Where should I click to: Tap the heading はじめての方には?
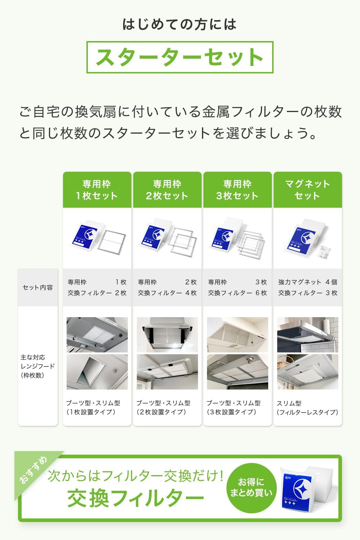pyautogui.click(x=180, y=24)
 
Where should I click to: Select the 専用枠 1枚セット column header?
pyautogui.click(x=97, y=190)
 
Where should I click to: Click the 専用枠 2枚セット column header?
pyautogui.click(x=167, y=190)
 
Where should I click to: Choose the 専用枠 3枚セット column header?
pyautogui.click(x=237, y=190)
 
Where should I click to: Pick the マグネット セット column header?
pyautogui.click(x=307, y=190)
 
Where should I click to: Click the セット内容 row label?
pyautogui.click(x=38, y=287)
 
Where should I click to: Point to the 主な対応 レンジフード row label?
pyautogui.click(x=38, y=366)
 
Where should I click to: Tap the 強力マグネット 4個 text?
pyautogui.click(x=307, y=282)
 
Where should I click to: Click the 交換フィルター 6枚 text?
pyautogui.click(x=237, y=293)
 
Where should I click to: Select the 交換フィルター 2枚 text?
pyautogui.click(x=97, y=293)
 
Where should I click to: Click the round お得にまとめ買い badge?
pyautogui.click(x=251, y=487)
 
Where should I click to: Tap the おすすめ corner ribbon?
pyautogui.click(x=33, y=470)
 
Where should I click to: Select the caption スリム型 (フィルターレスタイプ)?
pyautogui.click(x=307, y=408)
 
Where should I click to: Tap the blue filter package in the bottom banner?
pyautogui.click(x=295, y=490)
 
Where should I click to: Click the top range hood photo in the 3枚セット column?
pyautogui.click(x=237, y=335)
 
